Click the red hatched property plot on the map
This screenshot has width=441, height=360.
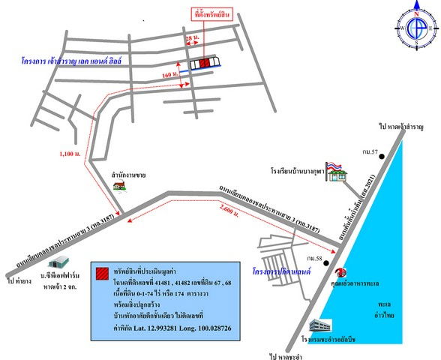tap(205, 64)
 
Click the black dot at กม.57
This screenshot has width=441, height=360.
tap(382, 156)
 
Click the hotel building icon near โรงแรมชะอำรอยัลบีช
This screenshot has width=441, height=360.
tap(325, 328)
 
